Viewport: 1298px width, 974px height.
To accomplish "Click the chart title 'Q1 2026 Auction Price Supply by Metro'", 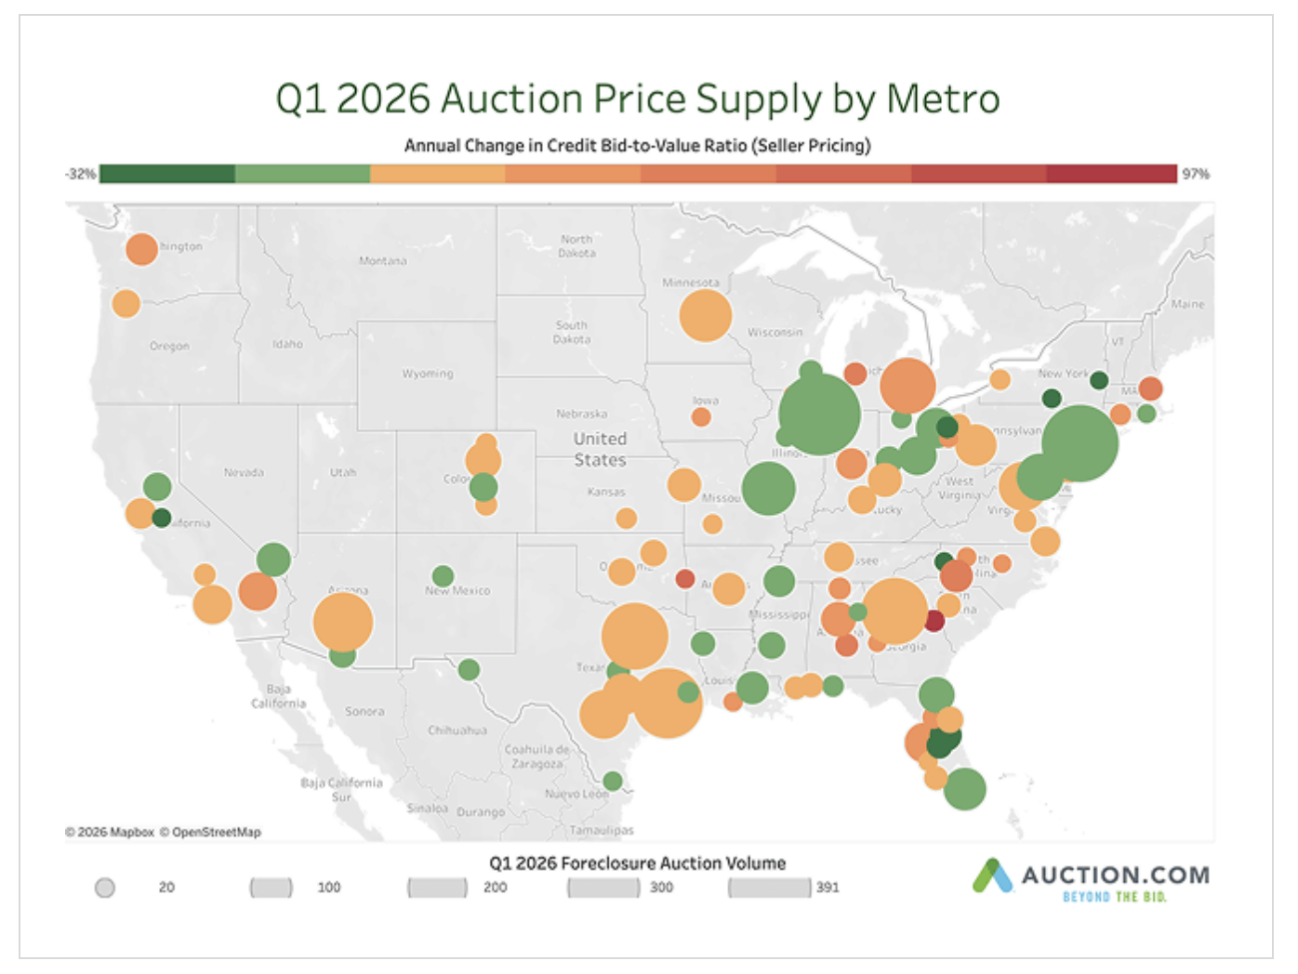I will (637, 99).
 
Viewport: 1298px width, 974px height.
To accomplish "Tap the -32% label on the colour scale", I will (81, 174).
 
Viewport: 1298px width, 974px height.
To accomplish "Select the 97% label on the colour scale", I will (1195, 174).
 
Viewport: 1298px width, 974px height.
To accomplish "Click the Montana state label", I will (382, 261).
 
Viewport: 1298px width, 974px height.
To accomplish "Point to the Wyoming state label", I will (428, 374).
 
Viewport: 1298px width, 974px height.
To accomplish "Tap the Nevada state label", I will (244, 472).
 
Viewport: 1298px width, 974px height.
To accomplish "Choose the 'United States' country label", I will (600, 449).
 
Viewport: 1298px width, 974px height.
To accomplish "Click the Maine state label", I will (1186, 304).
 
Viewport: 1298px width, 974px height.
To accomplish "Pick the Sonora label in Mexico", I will (364, 711).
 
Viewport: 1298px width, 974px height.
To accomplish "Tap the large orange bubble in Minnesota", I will (705, 316).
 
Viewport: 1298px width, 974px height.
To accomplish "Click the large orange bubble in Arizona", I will (343, 622).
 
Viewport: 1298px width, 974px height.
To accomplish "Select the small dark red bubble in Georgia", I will (934, 622).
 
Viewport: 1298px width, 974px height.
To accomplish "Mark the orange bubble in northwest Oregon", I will (126, 303).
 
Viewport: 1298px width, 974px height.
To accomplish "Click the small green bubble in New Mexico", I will (444, 576).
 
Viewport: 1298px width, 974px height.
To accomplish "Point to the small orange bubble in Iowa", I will (701, 417).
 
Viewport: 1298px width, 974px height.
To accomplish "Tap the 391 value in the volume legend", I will (828, 888).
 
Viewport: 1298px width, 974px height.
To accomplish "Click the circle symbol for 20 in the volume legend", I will (105, 888).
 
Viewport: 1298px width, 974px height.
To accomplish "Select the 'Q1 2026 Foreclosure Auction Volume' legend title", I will (637, 863).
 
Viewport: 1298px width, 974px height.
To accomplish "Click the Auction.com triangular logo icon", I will (992, 876).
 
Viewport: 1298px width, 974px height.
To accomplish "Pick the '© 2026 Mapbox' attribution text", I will (110, 832).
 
